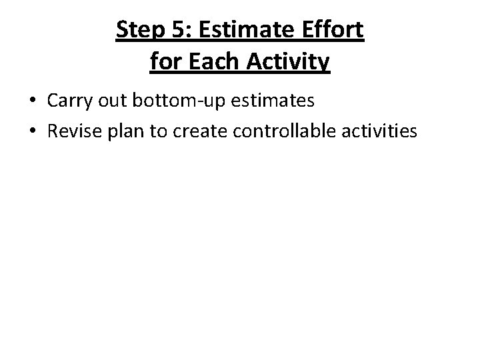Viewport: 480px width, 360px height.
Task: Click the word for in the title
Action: pos(164,61)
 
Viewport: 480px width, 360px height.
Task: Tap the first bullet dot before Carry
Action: pos(33,101)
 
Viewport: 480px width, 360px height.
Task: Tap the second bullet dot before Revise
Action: pos(33,132)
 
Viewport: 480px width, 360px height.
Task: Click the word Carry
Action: pos(70,101)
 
